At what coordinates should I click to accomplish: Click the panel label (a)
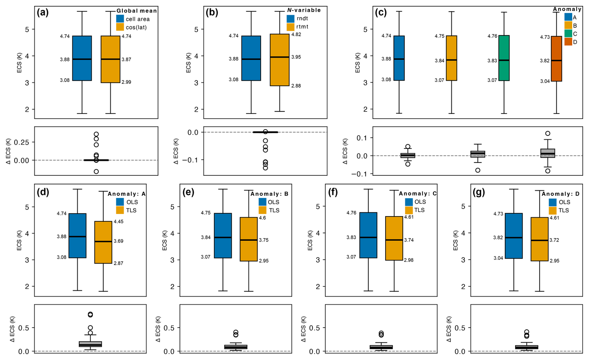43,13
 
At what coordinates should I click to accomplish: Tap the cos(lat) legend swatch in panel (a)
120,27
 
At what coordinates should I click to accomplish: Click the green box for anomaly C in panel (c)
504,58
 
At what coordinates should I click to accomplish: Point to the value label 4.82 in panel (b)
296,34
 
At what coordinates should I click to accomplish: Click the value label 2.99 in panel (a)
126,82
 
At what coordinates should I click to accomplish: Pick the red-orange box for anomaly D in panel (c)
556,59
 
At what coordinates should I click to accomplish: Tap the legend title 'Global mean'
137,11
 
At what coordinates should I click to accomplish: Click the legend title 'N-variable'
304,10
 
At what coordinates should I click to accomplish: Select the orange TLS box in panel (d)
103,242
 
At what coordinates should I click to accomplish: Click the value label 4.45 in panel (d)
118,222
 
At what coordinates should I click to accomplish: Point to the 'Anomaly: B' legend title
270,194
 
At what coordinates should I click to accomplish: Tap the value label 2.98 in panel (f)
408,260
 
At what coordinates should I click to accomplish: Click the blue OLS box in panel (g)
514,236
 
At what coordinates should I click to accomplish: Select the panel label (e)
188,192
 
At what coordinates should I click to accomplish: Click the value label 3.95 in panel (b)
296,57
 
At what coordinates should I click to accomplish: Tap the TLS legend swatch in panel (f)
409,210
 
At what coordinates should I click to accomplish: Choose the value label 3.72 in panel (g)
554,240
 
